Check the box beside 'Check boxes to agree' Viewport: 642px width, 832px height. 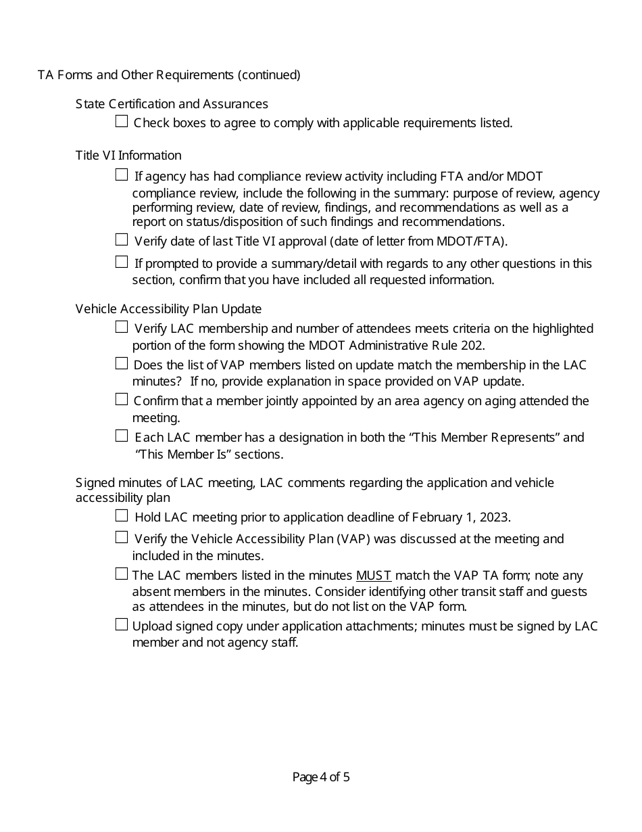click(x=122, y=122)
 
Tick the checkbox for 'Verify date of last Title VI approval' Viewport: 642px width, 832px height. click(x=122, y=239)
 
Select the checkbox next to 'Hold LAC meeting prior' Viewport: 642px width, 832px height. click(x=122, y=516)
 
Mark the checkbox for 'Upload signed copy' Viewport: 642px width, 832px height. click(x=122, y=624)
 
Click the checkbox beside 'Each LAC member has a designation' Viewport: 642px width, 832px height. click(x=122, y=436)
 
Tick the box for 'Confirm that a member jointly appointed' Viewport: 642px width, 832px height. click(x=122, y=399)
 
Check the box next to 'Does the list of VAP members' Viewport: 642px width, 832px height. click(x=122, y=363)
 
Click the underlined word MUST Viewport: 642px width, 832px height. click(x=374, y=576)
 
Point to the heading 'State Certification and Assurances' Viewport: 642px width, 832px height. click(x=172, y=104)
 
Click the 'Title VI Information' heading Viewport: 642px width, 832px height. click(x=128, y=156)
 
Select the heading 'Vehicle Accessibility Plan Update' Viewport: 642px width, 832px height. click(x=168, y=309)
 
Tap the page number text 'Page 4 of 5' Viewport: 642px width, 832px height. click(x=321, y=777)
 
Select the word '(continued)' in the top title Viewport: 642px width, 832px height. click(x=269, y=75)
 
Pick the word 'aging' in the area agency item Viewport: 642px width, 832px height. click(x=518, y=401)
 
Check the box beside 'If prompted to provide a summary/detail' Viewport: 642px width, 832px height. click(x=122, y=262)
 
